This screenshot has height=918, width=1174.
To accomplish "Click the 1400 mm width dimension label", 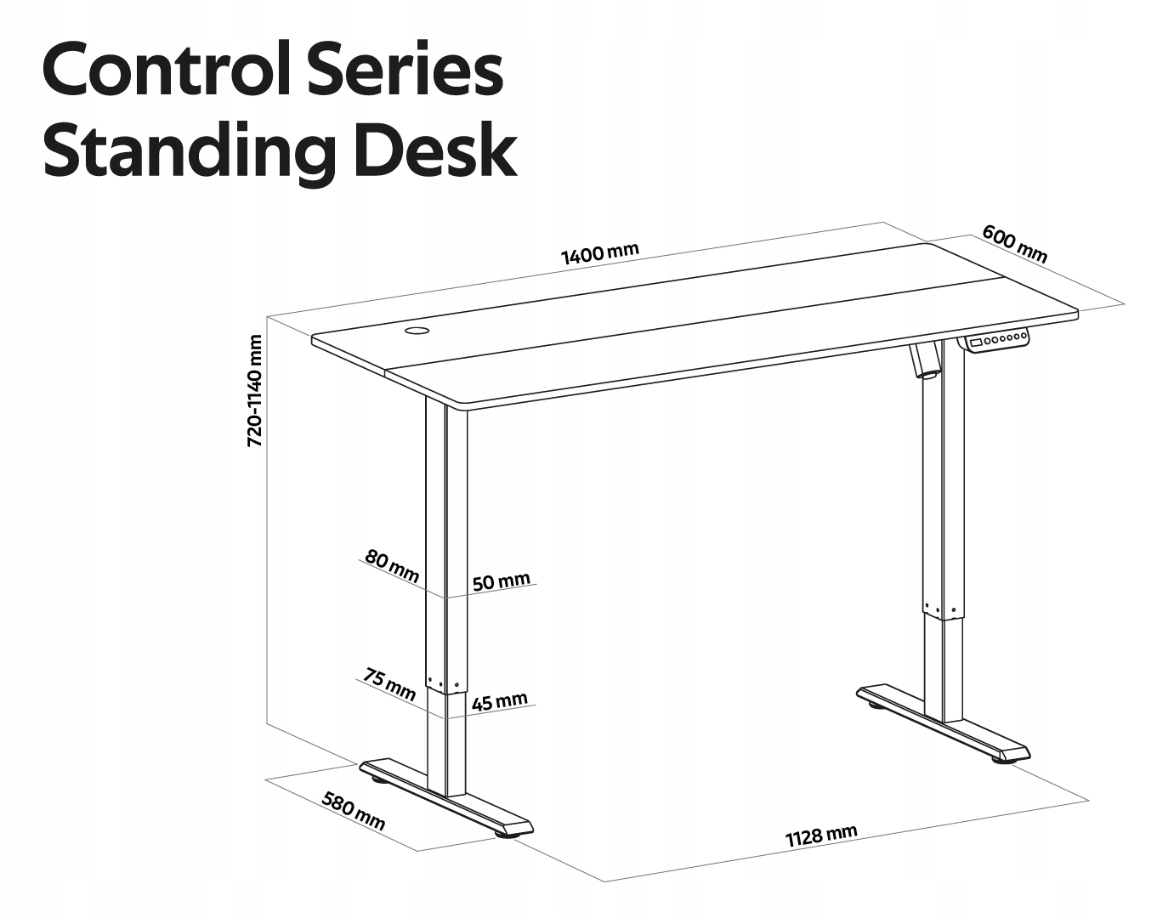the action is [599, 252].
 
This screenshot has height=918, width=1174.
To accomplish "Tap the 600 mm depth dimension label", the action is [1014, 244].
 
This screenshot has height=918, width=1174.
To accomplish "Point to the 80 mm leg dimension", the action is [392, 567].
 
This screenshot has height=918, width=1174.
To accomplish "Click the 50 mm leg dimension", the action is [501, 581].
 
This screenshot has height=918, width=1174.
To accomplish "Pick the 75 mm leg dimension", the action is [389, 683].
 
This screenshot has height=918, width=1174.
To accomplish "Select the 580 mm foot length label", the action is [353, 811].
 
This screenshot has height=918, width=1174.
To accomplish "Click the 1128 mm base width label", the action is [820, 836].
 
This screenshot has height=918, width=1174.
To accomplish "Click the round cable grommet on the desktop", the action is [417, 330].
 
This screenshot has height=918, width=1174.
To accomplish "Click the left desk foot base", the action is [446, 798].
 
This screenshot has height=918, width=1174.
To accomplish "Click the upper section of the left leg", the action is [446, 544].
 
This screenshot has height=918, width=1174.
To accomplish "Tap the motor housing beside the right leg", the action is [927, 360].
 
